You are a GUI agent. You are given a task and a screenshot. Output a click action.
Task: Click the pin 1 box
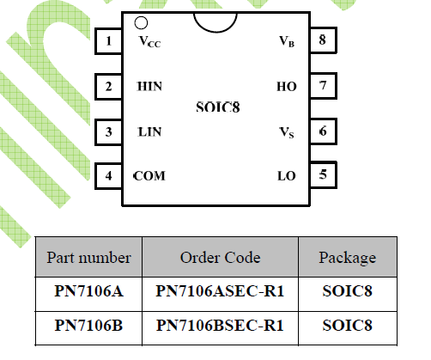[109, 41]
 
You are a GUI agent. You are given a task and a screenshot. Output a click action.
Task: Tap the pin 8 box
[324, 40]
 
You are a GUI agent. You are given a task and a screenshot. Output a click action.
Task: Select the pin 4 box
[109, 176]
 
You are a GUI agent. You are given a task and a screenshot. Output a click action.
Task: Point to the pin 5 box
[324, 174]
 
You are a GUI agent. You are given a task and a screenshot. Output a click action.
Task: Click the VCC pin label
[149, 42]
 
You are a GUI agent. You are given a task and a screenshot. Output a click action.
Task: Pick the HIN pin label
[149, 86]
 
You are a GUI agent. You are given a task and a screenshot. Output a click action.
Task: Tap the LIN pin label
[149, 132]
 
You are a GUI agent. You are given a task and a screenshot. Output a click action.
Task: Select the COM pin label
[149, 176]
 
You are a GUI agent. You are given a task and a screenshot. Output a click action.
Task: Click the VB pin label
[287, 41]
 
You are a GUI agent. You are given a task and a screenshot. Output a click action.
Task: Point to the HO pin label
[287, 87]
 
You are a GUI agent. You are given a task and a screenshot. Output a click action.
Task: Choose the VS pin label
[287, 132]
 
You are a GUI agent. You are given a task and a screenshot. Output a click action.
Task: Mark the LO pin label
[287, 176]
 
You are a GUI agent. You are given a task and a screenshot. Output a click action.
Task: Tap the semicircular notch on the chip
[215, 31]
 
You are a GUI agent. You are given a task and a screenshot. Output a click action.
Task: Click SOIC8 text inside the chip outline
[218, 107]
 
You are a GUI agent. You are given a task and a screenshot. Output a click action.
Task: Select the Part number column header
[88, 258]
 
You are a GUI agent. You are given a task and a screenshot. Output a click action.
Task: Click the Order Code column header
[220, 258]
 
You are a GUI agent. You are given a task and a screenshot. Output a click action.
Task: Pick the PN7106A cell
[88, 291]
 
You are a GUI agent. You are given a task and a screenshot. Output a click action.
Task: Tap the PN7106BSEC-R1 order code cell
[220, 326]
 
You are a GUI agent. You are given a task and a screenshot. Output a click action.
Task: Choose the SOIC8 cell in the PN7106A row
[348, 291]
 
